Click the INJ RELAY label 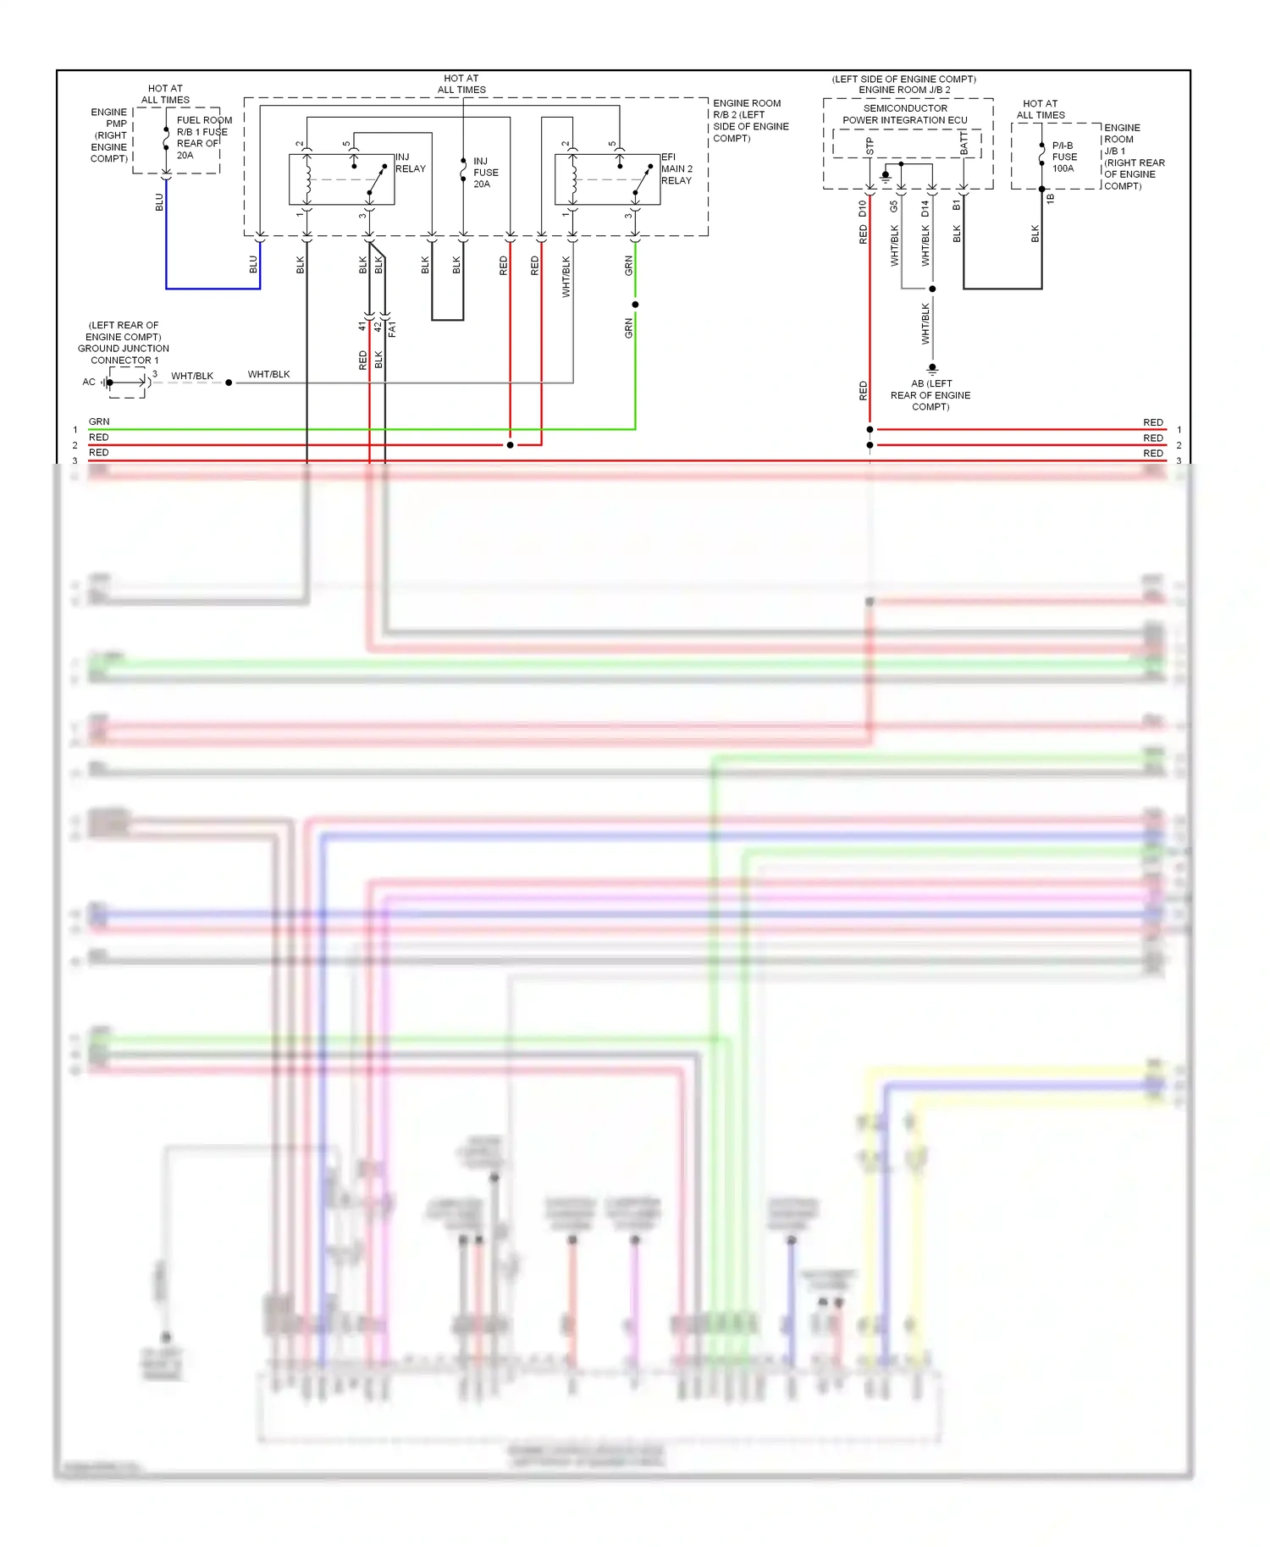[x=410, y=163]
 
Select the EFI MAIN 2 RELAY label [x=676, y=169]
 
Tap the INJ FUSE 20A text [x=485, y=173]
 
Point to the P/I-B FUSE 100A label [x=1064, y=157]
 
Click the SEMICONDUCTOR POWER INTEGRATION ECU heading [x=904, y=114]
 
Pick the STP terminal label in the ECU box [x=870, y=146]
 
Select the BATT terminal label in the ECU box [x=964, y=143]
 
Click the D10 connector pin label [x=863, y=208]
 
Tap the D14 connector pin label [x=925, y=208]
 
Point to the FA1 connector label [x=392, y=329]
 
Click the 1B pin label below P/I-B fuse [x=1051, y=199]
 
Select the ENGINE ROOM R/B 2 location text [x=750, y=121]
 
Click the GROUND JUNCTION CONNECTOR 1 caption [x=124, y=343]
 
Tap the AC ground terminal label [x=89, y=383]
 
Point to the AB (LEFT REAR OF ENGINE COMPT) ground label [x=930, y=395]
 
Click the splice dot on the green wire [x=635, y=305]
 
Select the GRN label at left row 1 [x=99, y=421]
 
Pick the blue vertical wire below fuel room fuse [x=166, y=237]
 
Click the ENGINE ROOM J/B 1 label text [x=1134, y=157]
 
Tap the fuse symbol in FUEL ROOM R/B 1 [x=166, y=139]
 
